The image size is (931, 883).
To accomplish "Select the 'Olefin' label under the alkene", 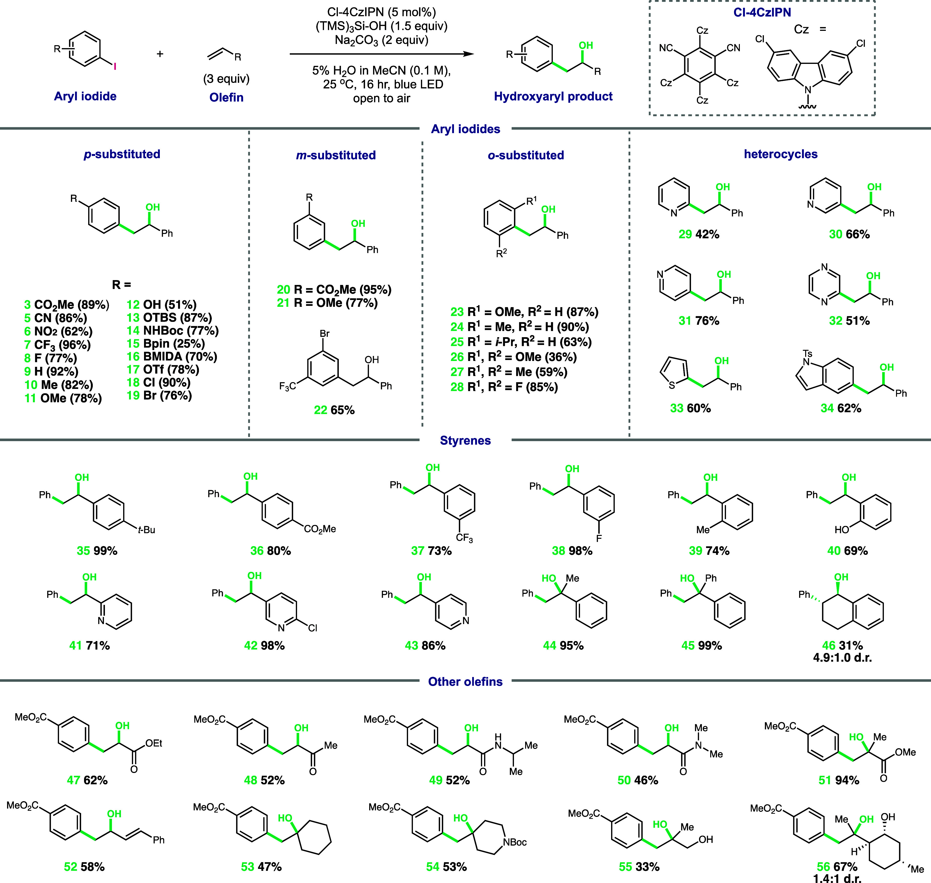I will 226,97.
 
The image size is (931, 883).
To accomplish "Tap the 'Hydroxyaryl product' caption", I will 553,96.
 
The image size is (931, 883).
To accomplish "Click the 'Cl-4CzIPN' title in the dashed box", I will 762,13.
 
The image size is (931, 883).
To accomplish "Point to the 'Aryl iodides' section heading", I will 465,129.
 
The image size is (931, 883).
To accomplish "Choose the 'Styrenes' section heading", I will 465,441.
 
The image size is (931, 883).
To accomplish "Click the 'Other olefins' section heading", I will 465,682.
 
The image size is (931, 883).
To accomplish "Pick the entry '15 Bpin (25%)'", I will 166,343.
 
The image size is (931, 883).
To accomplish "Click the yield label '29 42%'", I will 699,234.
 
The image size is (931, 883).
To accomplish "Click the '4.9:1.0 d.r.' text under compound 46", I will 843,658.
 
